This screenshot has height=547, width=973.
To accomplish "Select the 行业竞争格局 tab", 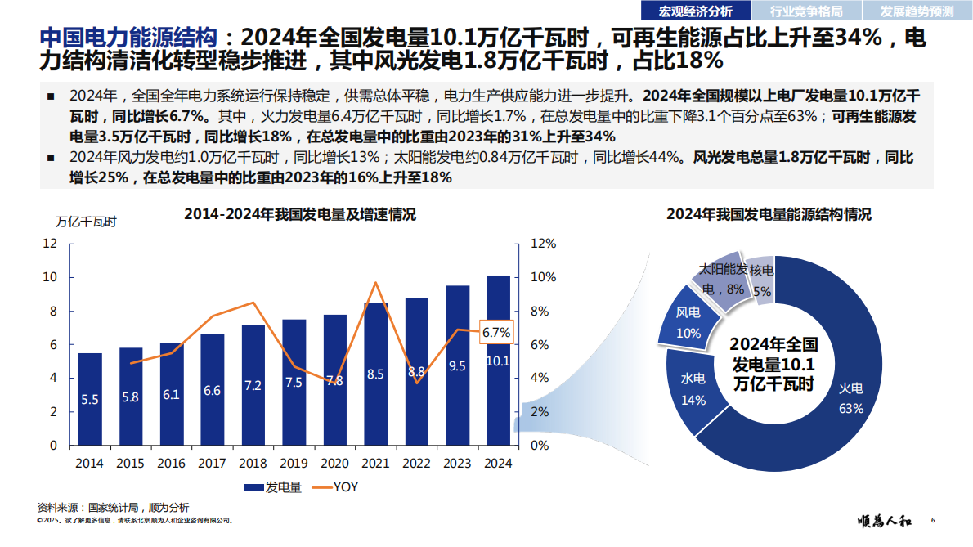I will [x=805, y=11].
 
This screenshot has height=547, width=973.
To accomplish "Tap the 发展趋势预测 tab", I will [x=917, y=11].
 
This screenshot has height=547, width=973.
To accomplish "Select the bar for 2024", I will [x=498, y=360].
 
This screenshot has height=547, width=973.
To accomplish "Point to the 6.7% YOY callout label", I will [x=495, y=332].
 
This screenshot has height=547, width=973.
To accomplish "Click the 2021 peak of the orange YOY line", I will [x=375, y=283].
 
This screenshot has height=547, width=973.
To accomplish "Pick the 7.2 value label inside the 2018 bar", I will [x=253, y=385].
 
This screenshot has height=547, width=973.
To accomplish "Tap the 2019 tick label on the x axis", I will [x=294, y=463].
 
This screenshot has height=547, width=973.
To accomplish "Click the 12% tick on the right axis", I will [x=544, y=244].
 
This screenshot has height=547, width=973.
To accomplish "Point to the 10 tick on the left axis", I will [x=50, y=277].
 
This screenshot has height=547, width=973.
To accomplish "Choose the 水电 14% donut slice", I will [x=693, y=388].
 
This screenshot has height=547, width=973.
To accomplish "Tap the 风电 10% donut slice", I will [x=688, y=323].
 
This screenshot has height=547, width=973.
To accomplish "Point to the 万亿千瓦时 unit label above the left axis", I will [x=86, y=221].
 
